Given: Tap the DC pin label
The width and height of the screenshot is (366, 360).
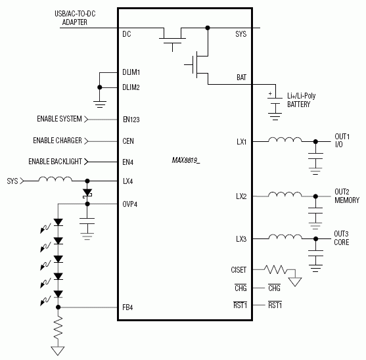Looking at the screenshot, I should [127, 34].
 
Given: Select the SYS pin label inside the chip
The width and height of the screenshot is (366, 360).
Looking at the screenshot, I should [240, 34].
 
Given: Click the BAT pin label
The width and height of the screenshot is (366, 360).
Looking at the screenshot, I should [241, 77].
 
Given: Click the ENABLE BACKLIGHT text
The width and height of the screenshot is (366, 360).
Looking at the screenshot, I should [55, 162].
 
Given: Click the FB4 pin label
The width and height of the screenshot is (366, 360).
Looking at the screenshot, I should [128, 307].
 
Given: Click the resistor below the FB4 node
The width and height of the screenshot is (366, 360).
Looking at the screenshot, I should [58, 326].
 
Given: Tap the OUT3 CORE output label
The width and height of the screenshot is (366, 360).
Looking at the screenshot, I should [341, 238].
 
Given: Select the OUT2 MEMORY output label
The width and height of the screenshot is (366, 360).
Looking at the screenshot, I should [346, 196].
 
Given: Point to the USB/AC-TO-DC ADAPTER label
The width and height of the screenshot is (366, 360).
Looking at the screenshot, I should [75, 18].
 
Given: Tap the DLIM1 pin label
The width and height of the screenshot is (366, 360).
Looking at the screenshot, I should [131, 72].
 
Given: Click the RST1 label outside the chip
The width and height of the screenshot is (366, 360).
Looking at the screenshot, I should [275, 305].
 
